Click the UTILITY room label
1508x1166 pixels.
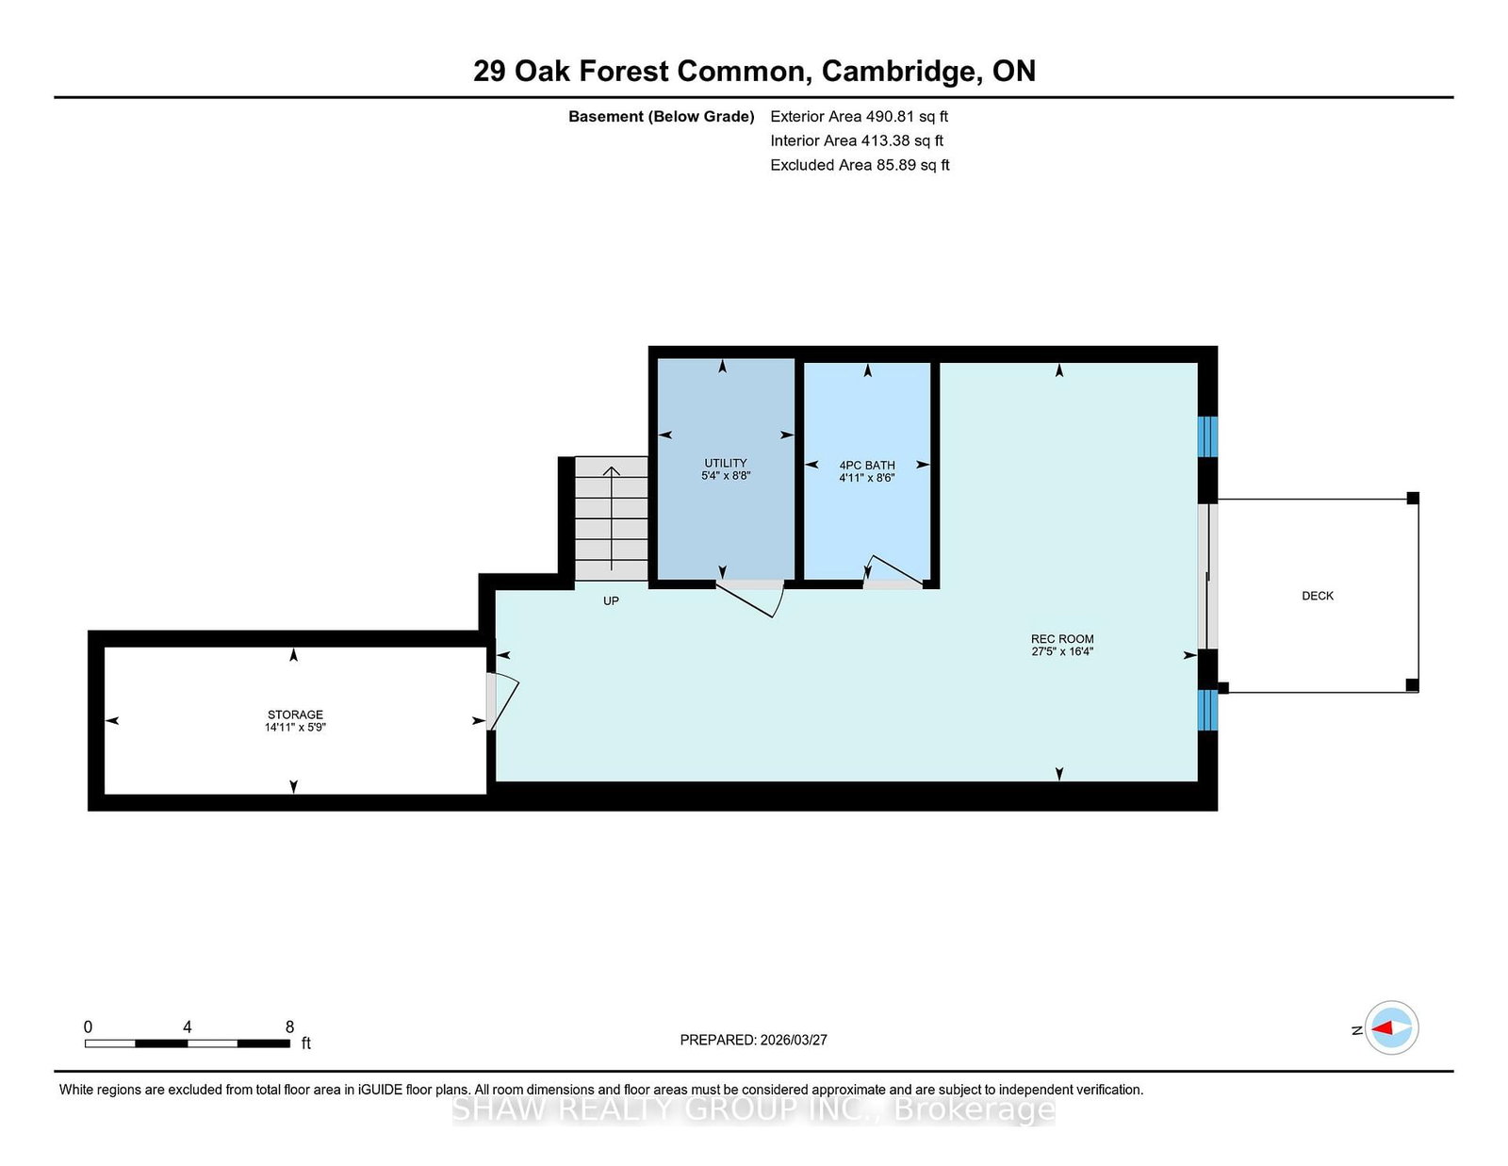tap(725, 463)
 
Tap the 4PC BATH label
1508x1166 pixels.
tap(867, 465)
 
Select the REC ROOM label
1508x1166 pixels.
tap(1062, 638)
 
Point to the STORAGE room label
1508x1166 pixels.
tap(295, 714)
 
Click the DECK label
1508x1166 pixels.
tap(1318, 596)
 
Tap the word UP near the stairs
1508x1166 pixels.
tap(611, 601)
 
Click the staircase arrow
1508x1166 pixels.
tap(611, 517)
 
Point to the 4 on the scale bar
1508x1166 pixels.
tap(187, 1026)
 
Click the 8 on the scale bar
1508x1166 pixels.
tap(289, 1026)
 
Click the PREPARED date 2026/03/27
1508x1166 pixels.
tap(794, 1040)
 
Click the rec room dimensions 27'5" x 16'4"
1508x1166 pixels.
tap(1062, 651)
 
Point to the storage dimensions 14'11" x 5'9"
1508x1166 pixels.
tap(295, 728)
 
